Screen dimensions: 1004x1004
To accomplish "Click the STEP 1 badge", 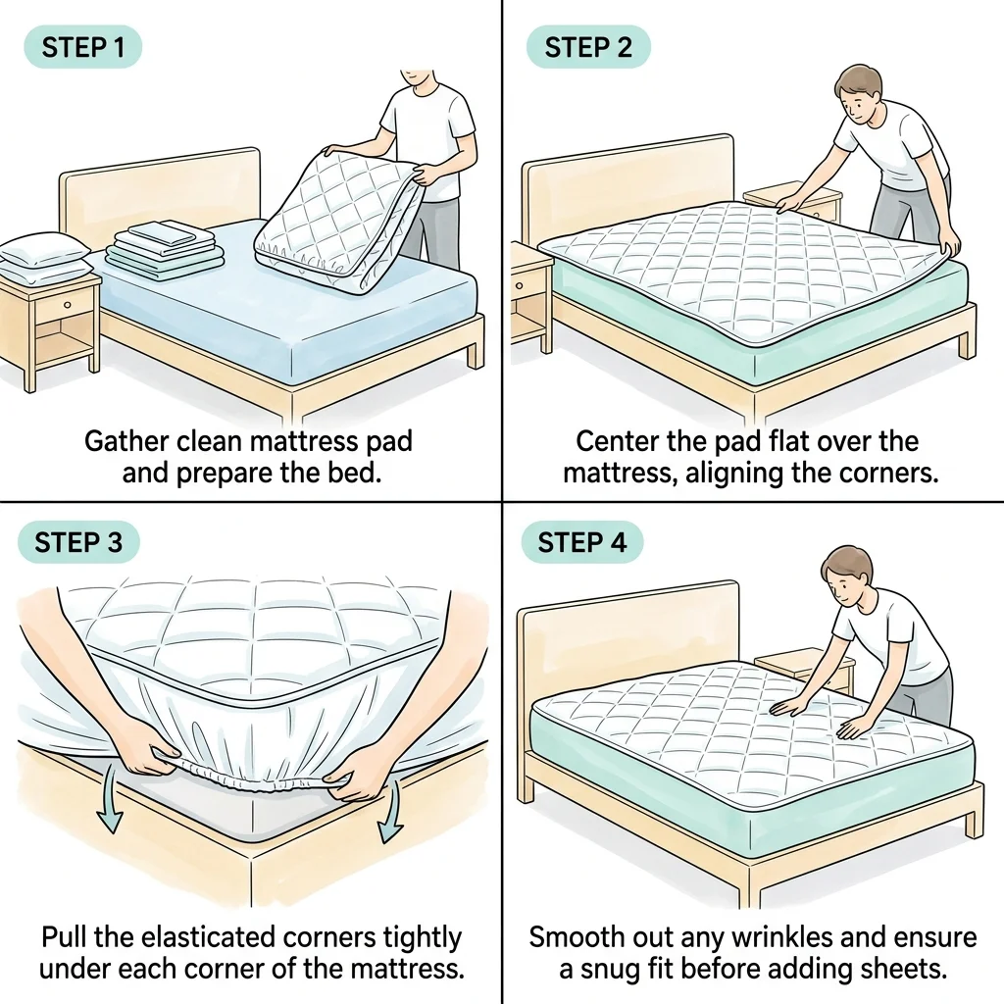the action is coord(82,47).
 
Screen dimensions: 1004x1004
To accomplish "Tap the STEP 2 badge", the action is coord(588,47).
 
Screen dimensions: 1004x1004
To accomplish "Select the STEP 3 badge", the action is coord(78,542).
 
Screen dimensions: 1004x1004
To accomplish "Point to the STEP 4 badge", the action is coord(582,542).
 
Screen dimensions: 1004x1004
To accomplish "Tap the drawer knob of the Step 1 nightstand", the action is coord(68,305).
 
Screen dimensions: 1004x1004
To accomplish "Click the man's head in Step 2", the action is coord(860,95).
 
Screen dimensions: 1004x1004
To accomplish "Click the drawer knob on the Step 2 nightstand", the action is coord(520,285).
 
